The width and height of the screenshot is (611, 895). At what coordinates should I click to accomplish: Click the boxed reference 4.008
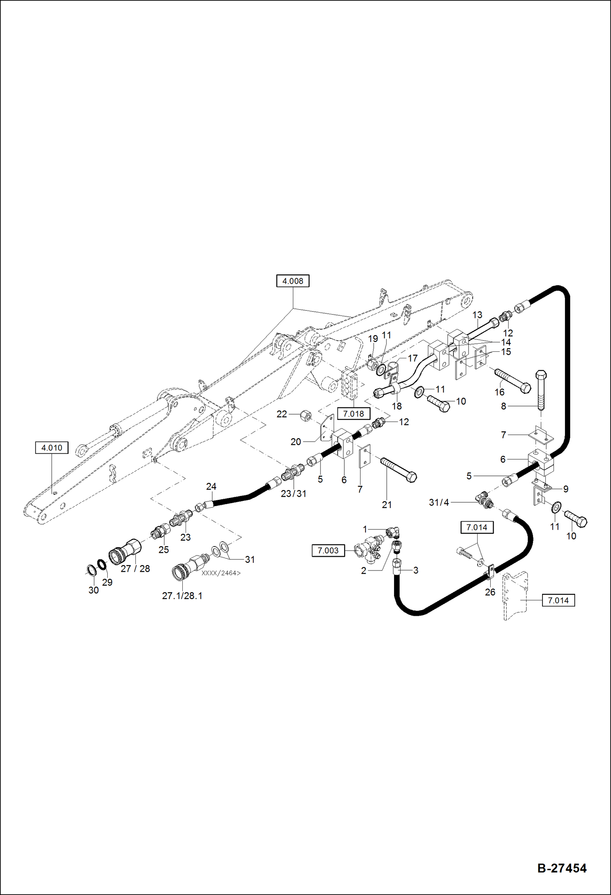pyautogui.click(x=292, y=281)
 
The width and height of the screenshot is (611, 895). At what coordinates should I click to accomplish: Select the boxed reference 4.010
pyautogui.click(x=52, y=448)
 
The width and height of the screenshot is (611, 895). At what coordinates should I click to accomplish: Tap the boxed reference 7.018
pyautogui.click(x=353, y=414)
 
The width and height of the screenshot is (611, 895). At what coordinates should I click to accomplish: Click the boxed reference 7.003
pyautogui.click(x=328, y=551)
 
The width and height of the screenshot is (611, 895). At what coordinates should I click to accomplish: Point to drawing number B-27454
pyautogui.click(x=562, y=868)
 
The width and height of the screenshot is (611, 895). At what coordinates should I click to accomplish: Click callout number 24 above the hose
pyautogui.click(x=211, y=486)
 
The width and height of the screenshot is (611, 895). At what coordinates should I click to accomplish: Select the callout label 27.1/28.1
pyautogui.click(x=182, y=596)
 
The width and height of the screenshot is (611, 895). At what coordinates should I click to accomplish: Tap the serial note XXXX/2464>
pyautogui.click(x=221, y=573)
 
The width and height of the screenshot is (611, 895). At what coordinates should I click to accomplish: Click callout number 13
pyautogui.click(x=477, y=315)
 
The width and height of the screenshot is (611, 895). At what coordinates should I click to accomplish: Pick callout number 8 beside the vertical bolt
pyautogui.click(x=503, y=406)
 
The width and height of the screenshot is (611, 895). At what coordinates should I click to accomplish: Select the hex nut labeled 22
pyautogui.click(x=305, y=416)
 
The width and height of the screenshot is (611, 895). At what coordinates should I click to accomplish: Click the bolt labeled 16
pyautogui.click(x=512, y=380)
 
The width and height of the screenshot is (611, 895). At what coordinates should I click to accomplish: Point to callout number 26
pyautogui.click(x=490, y=592)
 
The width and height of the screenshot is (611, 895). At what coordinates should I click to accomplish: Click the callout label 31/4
pyautogui.click(x=438, y=502)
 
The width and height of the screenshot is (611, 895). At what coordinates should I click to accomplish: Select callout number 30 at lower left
pyautogui.click(x=93, y=590)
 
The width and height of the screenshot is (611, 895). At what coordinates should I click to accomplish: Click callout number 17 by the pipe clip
pyautogui.click(x=412, y=358)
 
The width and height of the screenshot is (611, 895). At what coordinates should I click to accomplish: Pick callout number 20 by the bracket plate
pyautogui.click(x=296, y=442)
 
